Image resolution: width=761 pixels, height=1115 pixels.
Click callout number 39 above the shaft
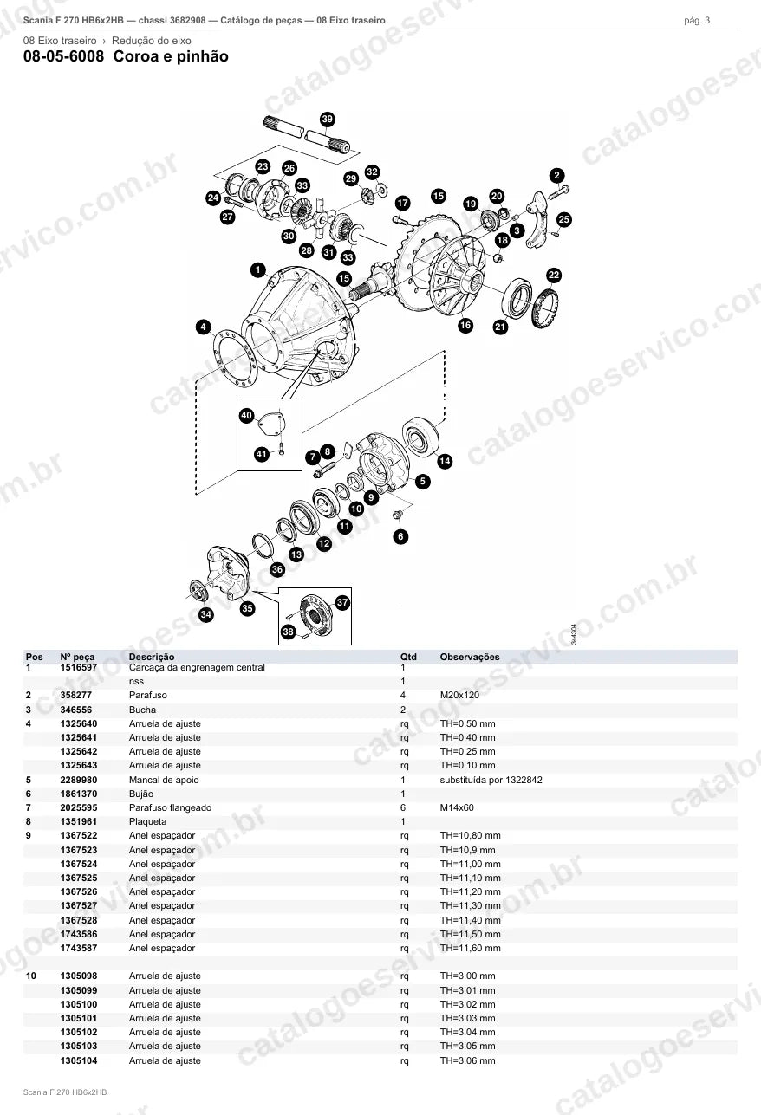click(x=328, y=119)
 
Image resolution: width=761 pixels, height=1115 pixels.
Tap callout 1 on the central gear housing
click(x=258, y=269)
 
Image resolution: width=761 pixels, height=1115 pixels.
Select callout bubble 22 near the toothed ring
click(x=554, y=276)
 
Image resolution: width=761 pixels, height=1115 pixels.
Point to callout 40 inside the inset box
click(x=246, y=415)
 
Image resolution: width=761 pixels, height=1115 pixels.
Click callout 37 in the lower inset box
click(x=342, y=602)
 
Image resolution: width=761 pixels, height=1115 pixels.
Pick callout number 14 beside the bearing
click(x=445, y=461)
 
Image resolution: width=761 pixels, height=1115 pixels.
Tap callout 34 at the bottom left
click(x=206, y=614)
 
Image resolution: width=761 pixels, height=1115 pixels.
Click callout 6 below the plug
click(x=401, y=536)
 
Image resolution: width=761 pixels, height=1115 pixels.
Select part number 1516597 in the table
click(x=79, y=667)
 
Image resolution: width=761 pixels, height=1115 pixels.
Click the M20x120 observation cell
click(x=459, y=695)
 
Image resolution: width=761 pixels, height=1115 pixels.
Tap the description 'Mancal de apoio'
click(x=164, y=780)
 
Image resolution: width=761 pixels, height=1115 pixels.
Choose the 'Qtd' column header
click(x=408, y=657)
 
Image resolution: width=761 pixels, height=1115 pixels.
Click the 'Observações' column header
click(x=470, y=657)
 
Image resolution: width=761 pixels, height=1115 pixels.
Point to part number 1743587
click(x=79, y=949)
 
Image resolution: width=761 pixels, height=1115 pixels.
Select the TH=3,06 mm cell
click(x=468, y=1060)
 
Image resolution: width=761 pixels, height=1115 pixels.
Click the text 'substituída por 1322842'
click(x=491, y=780)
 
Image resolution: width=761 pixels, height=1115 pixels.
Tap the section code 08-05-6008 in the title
click(x=64, y=56)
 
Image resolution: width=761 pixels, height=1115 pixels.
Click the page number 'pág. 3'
click(x=697, y=21)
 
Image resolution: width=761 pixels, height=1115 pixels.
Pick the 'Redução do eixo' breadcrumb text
click(x=152, y=41)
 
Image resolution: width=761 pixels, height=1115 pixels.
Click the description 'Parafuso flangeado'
click(x=171, y=808)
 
